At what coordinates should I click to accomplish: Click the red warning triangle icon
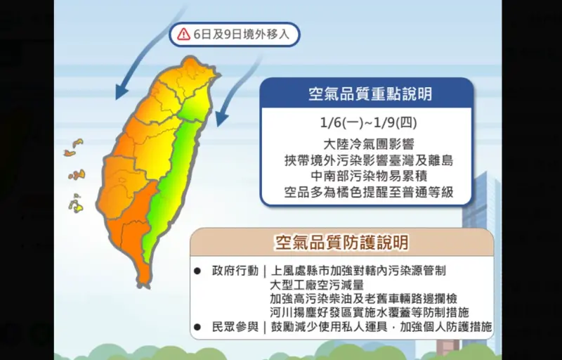(x=183, y=33)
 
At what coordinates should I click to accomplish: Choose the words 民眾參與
(x=234, y=327)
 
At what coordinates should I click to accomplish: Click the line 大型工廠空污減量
(x=316, y=285)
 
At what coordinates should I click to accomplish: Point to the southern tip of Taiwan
(x=144, y=283)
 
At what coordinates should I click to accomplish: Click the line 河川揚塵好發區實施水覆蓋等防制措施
(x=369, y=312)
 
